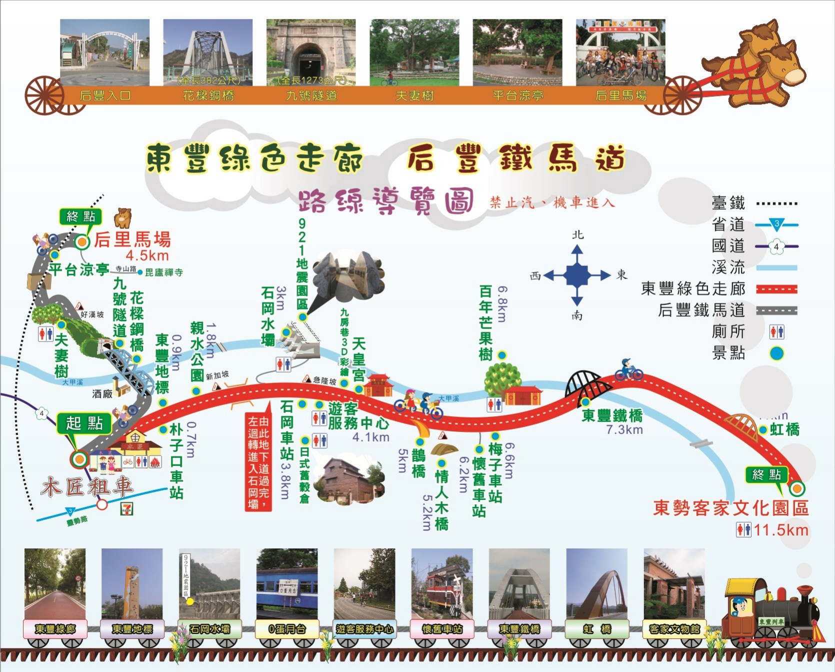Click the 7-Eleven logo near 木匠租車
[x=127, y=508]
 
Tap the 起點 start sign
[x=84, y=423]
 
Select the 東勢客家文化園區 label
[x=730, y=508]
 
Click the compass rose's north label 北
[x=577, y=234]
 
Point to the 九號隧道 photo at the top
[x=310, y=52]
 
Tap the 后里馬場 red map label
[x=132, y=239]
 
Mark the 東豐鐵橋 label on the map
[x=612, y=415]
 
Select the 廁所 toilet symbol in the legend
[x=776, y=331]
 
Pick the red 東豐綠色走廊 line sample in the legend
[x=776, y=289]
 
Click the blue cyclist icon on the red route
[x=628, y=369]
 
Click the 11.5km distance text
[x=780, y=530]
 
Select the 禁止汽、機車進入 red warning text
[x=552, y=202]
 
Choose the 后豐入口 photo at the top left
[x=104, y=52]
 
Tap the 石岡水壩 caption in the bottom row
[x=209, y=629]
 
